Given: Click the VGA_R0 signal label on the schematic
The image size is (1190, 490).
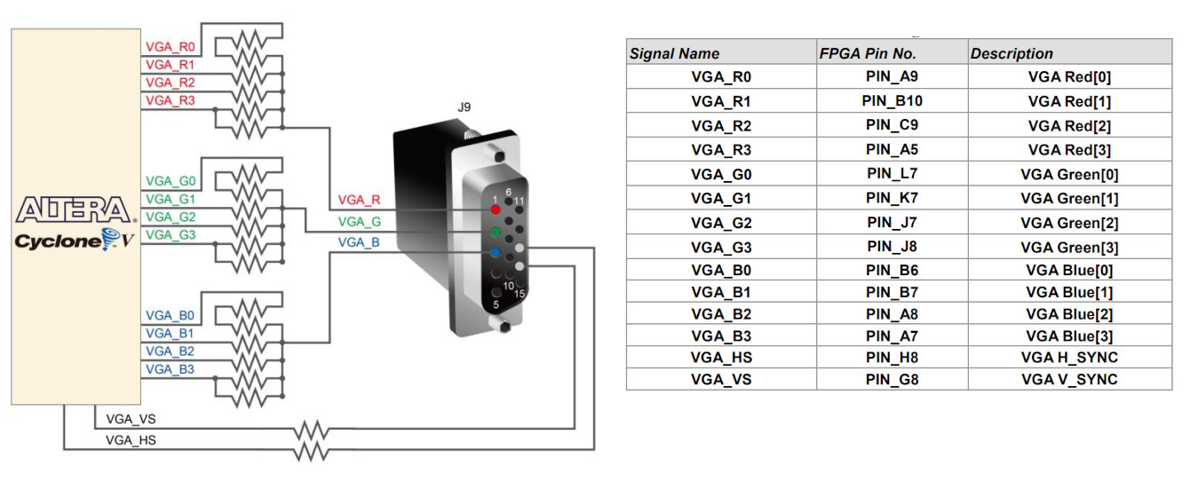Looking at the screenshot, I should pyautogui.click(x=170, y=46).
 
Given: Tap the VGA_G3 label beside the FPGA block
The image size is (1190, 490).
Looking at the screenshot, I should pyautogui.click(x=170, y=234).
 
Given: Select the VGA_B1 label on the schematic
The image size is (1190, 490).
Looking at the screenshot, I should pyautogui.click(x=170, y=333).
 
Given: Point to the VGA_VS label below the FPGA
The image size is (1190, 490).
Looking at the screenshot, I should pyautogui.click(x=131, y=418).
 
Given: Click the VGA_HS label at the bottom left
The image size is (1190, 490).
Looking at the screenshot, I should pyautogui.click(x=131, y=439).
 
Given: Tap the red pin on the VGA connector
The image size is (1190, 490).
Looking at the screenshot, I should pyautogui.click(x=496, y=209).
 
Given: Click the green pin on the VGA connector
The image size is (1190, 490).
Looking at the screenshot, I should pyautogui.click(x=496, y=233).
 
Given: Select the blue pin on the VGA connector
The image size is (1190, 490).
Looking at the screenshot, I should pyautogui.click(x=496, y=254).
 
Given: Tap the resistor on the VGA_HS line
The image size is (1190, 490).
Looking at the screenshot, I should pyautogui.click(x=311, y=452).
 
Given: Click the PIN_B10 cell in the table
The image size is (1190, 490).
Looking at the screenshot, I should pyautogui.click(x=892, y=101).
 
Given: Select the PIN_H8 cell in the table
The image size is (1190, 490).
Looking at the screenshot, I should pyautogui.click(x=892, y=357).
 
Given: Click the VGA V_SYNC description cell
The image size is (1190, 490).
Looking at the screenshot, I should pyautogui.click(x=1069, y=380).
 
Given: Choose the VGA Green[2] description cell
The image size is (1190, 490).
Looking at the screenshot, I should pyautogui.click(x=1069, y=223).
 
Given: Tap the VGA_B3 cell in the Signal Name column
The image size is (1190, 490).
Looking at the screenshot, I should pyautogui.click(x=721, y=336).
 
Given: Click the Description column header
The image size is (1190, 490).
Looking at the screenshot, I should pyautogui.click(x=1011, y=53).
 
